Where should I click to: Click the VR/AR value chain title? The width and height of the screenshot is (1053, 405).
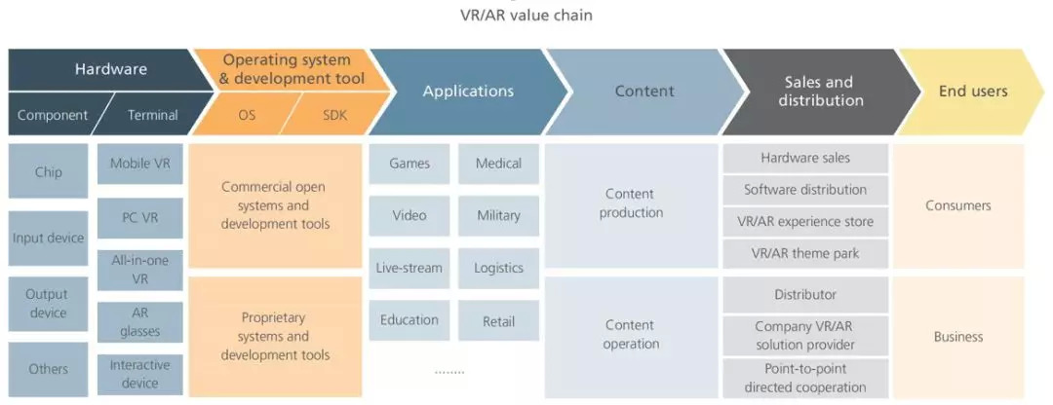(526, 15)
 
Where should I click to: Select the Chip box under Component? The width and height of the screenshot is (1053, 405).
(48, 172)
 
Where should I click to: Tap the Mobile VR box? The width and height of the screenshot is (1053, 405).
(139, 164)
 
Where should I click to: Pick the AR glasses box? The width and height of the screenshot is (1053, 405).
(139, 322)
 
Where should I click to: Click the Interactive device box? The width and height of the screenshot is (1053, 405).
(139, 374)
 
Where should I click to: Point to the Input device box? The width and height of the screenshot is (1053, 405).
(48, 238)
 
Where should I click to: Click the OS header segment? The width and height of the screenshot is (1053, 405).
(247, 115)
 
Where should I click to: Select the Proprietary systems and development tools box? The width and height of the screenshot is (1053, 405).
(277, 336)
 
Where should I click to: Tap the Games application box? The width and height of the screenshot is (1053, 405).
(409, 164)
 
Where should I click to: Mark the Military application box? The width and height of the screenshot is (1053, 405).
(498, 215)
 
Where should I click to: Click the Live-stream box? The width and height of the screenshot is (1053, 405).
(409, 268)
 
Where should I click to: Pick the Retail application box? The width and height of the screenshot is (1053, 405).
(498, 320)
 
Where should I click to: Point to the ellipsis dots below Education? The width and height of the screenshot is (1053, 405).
(449, 371)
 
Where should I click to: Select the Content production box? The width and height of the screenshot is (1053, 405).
(631, 203)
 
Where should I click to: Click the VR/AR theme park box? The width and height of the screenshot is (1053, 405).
(804, 254)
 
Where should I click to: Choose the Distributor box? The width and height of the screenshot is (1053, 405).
(804, 294)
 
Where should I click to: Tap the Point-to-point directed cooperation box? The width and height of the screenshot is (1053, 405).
(804, 378)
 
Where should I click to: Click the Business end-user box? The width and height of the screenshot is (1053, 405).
(958, 337)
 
